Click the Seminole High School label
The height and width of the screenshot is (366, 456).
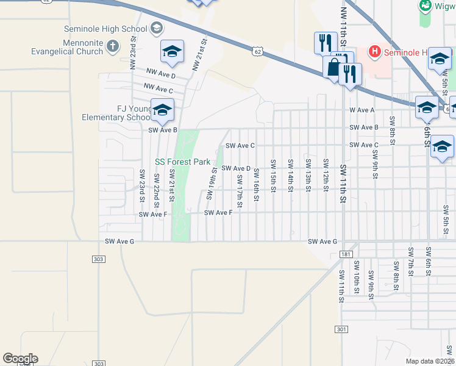pyautogui.click(x=105, y=29)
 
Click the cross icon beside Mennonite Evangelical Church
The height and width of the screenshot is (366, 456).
pyautogui.click(x=113, y=46)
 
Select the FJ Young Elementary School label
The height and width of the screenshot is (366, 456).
pyautogui.click(x=125, y=113)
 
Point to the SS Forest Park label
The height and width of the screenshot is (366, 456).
pyautogui.click(x=182, y=162)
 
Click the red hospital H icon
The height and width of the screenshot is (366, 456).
pyautogui.click(x=375, y=52)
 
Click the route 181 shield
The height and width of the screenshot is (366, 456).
pyautogui.click(x=347, y=254)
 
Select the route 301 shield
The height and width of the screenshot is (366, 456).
pyautogui.click(x=342, y=329)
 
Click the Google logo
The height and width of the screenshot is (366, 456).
pyautogui.click(x=20, y=359)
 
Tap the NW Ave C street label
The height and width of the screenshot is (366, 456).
pyautogui.click(x=159, y=90)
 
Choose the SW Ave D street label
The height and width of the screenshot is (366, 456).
pyautogui.click(x=236, y=168)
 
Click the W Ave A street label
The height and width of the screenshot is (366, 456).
pyautogui.click(x=361, y=110)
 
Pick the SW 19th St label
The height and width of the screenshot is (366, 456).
pyautogui.click(x=212, y=181)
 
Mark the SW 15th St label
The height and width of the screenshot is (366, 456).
pyautogui.click(x=274, y=176)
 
